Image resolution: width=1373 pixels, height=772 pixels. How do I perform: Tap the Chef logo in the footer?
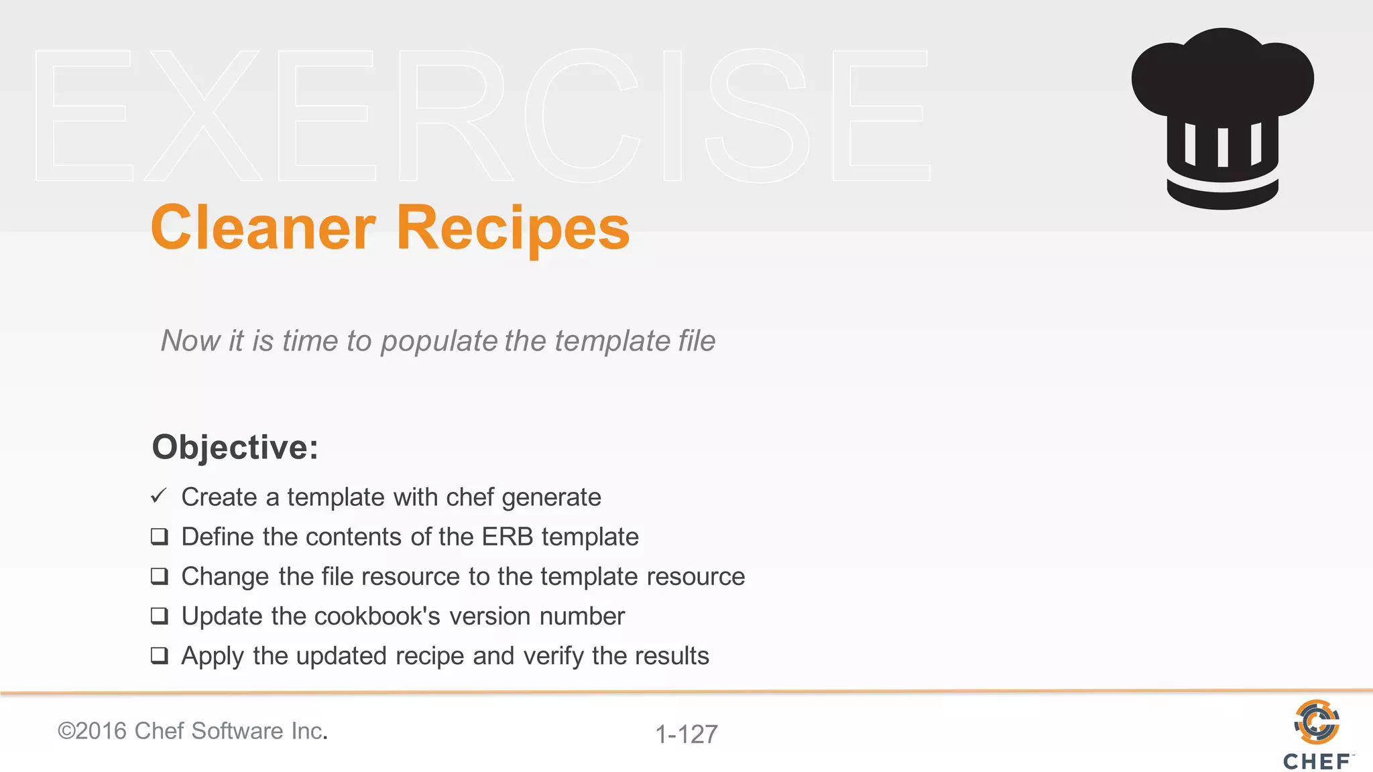point(1317,734)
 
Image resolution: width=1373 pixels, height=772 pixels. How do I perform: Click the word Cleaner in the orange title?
point(263,228)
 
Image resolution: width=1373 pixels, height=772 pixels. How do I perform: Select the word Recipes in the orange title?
point(513,228)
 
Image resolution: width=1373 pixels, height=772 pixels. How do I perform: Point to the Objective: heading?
point(235,447)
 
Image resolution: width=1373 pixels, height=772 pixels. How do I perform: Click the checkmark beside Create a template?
point(159,497)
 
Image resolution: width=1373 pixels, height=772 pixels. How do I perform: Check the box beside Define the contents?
point(160,537)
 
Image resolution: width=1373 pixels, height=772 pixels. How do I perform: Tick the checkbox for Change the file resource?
point(160,576)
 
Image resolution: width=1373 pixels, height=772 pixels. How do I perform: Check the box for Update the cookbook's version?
point(160,616)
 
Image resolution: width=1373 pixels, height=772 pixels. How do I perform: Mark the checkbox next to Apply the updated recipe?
point(160,655)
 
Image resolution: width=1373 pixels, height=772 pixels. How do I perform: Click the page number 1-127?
point(686,734)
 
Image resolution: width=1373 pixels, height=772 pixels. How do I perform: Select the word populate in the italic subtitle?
point(439,342)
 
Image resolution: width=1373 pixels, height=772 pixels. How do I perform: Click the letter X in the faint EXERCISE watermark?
point(202,115)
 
